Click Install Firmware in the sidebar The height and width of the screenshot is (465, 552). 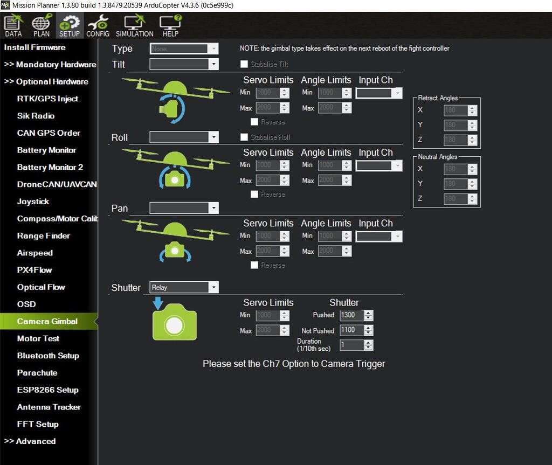34,47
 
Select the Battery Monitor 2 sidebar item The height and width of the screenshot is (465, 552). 50,167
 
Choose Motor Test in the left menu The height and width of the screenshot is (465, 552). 38,338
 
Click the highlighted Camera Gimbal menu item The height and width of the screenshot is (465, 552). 47,321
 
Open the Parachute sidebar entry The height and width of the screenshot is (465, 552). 37,373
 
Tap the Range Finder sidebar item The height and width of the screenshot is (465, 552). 43,235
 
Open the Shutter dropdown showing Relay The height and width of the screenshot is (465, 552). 184,287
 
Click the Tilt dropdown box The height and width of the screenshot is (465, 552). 184,64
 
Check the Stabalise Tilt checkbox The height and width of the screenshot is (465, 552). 245,64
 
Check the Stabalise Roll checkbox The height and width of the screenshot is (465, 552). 245,137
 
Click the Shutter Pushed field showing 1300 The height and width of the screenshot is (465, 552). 351,315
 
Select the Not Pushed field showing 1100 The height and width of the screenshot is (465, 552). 351,330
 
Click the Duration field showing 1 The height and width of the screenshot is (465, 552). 351,345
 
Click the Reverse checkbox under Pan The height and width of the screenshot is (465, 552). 254,265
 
